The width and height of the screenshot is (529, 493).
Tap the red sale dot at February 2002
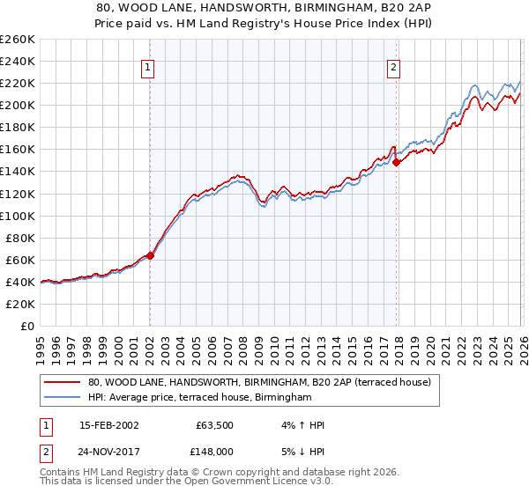click(150, 255)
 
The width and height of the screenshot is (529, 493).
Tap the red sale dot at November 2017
click(396, 162)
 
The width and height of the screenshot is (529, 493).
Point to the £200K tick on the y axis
click(18, 105)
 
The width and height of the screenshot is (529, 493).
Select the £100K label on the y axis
click(18, 216)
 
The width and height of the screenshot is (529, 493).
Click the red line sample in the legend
click(63, 383)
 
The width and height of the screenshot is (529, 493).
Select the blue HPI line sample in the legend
click(63, 398)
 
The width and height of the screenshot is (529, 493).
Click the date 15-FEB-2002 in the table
click(108, 425)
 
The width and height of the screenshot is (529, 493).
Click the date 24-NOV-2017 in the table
click(108, 451)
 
